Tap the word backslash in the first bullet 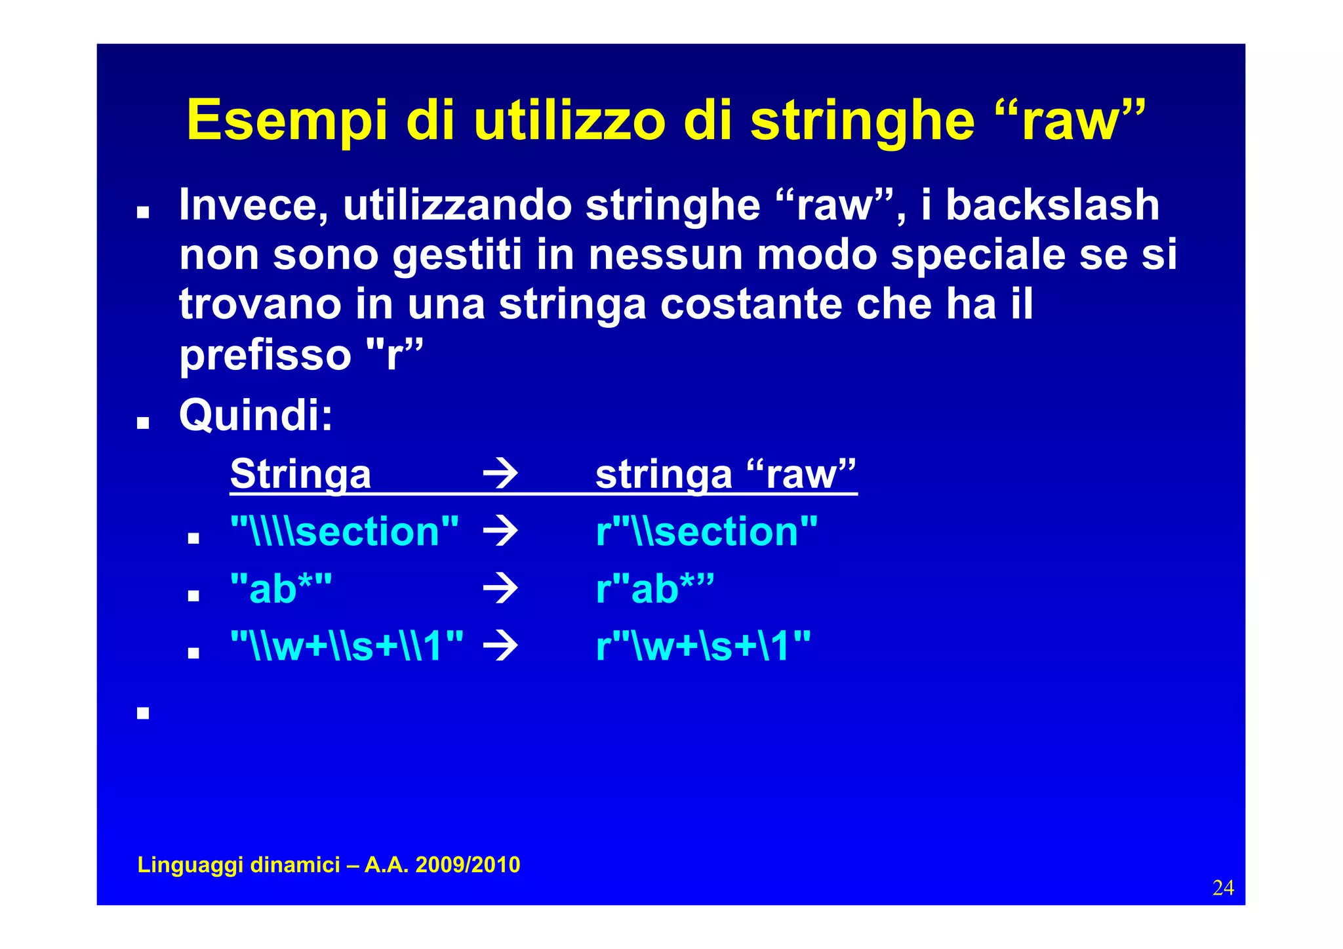[1052, 205]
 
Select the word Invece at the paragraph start [254, 205]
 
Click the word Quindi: [256, 415]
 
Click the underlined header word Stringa [300, 474]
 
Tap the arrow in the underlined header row [500, 474]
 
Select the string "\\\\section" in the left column [345, 531]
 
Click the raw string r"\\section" [707, 531]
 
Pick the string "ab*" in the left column [281, 589]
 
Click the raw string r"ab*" [654, 589]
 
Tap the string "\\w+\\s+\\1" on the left [347, 646]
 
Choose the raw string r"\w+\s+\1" [703, 646]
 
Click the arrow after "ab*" [500, 589]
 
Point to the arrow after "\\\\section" [500, 531]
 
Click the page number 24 [1223, 888]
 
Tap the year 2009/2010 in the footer [468, 865]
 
